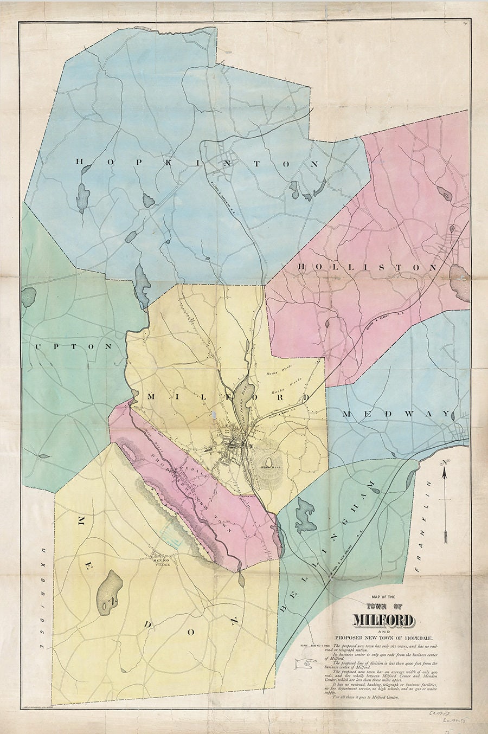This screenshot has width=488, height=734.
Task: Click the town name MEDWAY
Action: [396, 414]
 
